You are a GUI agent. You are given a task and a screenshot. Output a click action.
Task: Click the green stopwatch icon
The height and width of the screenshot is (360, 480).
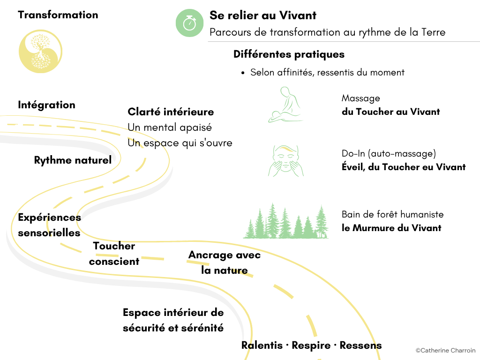point(189,23)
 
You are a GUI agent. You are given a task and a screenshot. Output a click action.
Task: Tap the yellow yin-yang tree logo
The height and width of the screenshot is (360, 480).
point(40,51)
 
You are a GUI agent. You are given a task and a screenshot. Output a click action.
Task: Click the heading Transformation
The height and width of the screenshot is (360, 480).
point(58,15)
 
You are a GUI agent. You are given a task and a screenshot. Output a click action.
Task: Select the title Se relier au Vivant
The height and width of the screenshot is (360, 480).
point(262,15)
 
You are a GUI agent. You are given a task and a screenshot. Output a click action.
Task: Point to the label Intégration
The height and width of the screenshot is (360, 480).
point(46,105)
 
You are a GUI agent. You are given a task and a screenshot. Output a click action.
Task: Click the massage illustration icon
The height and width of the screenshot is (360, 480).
point(285,105)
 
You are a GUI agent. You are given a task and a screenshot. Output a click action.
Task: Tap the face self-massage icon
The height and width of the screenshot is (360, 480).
point(286,161)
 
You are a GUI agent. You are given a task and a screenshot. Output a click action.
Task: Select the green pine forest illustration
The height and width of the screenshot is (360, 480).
point(285,221)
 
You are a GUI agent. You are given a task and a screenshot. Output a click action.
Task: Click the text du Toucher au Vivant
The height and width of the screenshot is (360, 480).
point(390,112)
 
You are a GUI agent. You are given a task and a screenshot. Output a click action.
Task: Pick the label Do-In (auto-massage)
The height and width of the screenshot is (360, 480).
point(389,153)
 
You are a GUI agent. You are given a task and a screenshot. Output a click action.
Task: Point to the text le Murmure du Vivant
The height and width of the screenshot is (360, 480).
point(391,228)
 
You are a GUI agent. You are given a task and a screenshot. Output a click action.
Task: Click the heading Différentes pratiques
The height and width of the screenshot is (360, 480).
point(289,54)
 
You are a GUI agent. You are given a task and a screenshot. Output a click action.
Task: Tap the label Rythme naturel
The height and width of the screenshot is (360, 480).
point(73,160)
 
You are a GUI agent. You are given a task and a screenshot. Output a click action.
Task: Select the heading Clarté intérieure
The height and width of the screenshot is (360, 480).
point(171,112)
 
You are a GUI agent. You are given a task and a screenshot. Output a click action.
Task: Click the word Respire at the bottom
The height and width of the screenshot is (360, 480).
point(311,345)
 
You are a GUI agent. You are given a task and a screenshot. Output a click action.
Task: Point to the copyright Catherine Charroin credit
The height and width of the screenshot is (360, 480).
point(445,350)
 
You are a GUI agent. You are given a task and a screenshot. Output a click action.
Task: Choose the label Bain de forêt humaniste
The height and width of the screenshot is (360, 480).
point(392,214)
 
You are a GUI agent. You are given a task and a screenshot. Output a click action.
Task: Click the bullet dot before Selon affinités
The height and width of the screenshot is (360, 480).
point(243,73)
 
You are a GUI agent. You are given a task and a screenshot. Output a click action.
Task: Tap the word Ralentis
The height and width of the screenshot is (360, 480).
point(262,345)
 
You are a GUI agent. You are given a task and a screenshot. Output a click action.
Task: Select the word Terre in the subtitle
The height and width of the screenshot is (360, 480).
point(433,32)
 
